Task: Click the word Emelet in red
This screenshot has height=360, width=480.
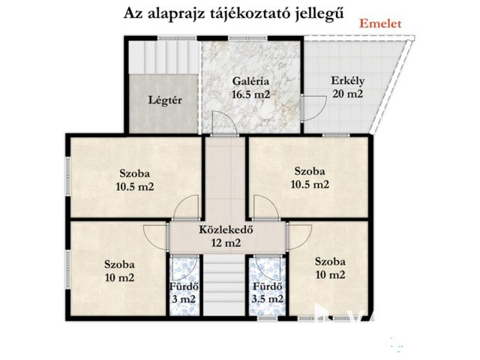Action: [x=380, y=23]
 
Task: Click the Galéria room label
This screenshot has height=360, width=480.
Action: [x=250, y=82]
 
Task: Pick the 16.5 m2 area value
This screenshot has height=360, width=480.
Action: [x=250, y=94]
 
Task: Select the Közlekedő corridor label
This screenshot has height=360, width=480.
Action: [x=226, y=230]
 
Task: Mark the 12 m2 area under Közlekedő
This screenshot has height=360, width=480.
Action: [x=226, y=243]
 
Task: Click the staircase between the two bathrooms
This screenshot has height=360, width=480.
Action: [x=226, y=285]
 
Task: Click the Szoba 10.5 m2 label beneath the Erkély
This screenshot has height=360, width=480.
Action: [x=310, y=176]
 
